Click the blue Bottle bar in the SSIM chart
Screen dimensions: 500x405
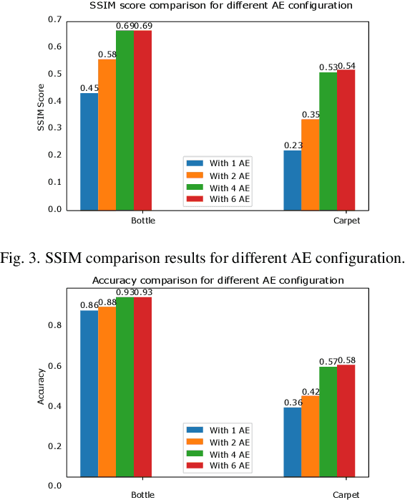tap(89, 152)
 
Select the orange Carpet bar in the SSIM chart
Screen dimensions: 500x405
tap(310, 165)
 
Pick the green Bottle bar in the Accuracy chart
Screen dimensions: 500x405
tap(125, 387)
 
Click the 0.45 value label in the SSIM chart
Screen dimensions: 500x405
tap(89, 88)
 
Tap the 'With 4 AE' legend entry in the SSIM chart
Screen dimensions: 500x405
tap(229, 186)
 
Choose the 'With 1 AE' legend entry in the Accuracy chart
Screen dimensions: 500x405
tap(229, 431)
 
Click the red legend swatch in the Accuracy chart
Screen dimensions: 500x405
tap(194, 466)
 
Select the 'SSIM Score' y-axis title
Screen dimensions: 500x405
tap(41, 115)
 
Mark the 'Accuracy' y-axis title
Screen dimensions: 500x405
tap(41, 387)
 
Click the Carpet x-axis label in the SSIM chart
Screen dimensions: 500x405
tap(346, 221)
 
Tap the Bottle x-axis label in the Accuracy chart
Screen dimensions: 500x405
tap(142, 495)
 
